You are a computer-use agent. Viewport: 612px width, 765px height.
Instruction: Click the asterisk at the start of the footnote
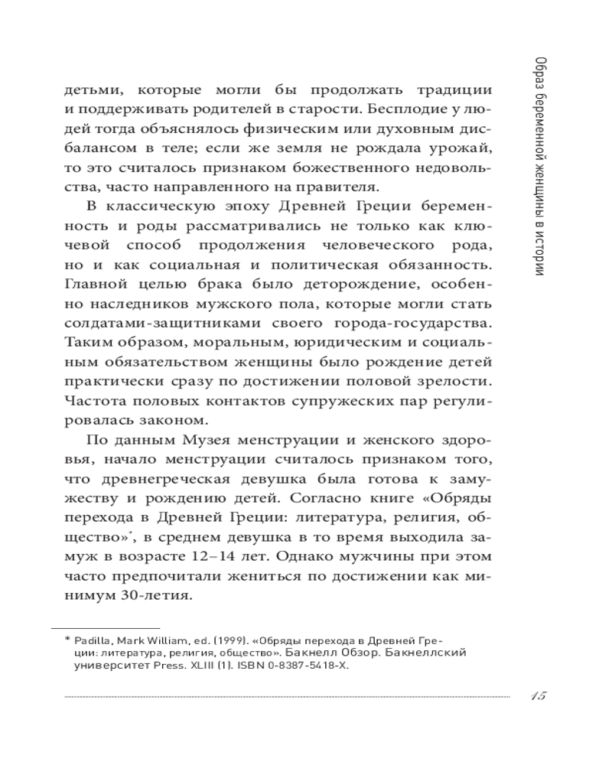(x=67, y=639)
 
